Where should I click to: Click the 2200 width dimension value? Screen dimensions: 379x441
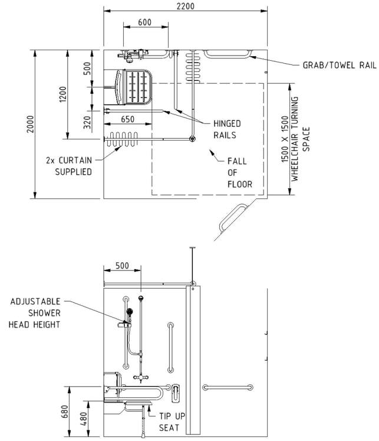coord(185,6)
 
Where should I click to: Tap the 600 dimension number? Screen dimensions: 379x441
coord(144,22)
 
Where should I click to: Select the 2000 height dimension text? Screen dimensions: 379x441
coord(30,124)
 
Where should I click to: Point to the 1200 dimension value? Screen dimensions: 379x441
coord(63,94)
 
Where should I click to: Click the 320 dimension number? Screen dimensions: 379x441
coord(88,123)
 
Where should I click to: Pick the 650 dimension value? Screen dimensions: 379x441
coord(127,119)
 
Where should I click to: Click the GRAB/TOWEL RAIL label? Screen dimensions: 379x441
coord(340,66)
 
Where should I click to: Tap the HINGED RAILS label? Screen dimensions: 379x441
coord(227,129)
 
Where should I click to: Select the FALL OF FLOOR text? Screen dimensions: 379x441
coord(240,173)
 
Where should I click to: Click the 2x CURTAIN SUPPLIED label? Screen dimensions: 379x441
coord(69,166)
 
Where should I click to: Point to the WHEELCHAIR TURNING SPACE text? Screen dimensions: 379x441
coord(300,139)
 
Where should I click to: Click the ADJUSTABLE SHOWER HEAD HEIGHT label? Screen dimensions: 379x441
coord(35,313)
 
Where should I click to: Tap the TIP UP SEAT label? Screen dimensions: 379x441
coord(172,422)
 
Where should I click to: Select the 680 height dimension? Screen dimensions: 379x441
coord(65,411)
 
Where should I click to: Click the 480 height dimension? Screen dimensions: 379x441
coord(84,419)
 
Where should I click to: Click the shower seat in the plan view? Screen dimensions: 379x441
coord(134,87)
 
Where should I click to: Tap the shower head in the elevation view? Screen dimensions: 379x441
coord(130,312)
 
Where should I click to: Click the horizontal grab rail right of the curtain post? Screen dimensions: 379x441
coord(228,387)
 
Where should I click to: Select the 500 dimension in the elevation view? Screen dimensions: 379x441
coord(122,266)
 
